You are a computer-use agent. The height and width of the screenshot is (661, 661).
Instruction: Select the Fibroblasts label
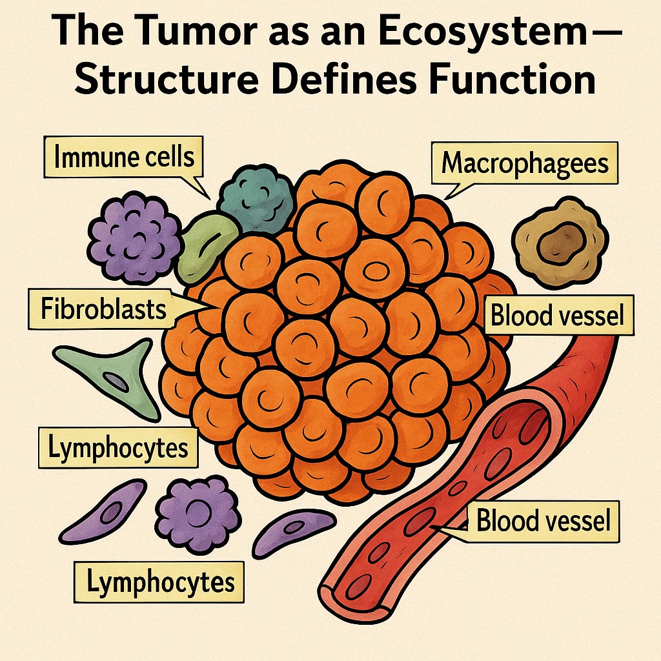point(103,309)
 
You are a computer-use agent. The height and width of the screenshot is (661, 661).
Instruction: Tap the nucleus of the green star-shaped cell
point(117,381)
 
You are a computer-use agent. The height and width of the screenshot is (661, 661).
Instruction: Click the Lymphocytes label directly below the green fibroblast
point(117,447)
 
